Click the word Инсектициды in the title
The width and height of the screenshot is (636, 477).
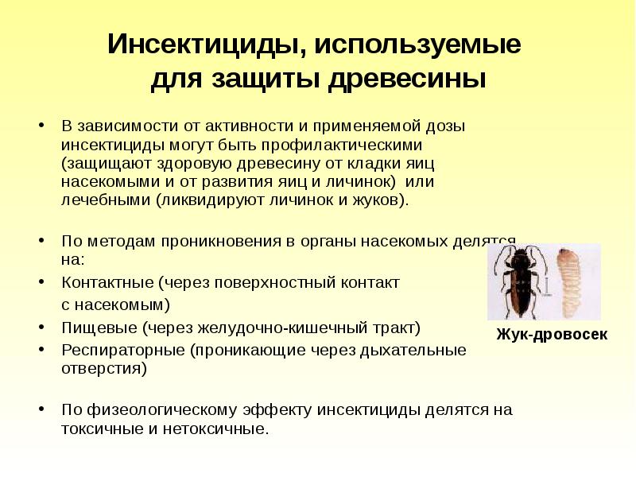tap(202, 45)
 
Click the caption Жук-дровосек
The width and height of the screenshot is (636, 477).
tap(551, 335)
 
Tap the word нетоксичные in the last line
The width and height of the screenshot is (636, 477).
tap(223, 430)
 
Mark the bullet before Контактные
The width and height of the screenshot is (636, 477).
tap(41, 283)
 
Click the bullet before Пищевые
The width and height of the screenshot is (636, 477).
tap(41, 328)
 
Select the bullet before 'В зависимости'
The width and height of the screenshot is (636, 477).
tap(41, 127)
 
